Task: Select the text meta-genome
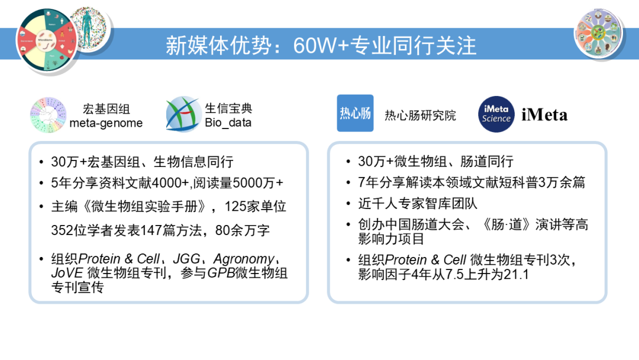click(106, 123)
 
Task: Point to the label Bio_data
click(228, 123)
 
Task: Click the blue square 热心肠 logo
click(355, 113)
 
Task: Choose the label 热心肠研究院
click(421, 115)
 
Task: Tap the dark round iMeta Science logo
click(496, 114)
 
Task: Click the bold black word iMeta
click(544, 115)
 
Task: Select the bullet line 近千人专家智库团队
click(417, 204)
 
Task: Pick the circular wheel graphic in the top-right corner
click(600, 30)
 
